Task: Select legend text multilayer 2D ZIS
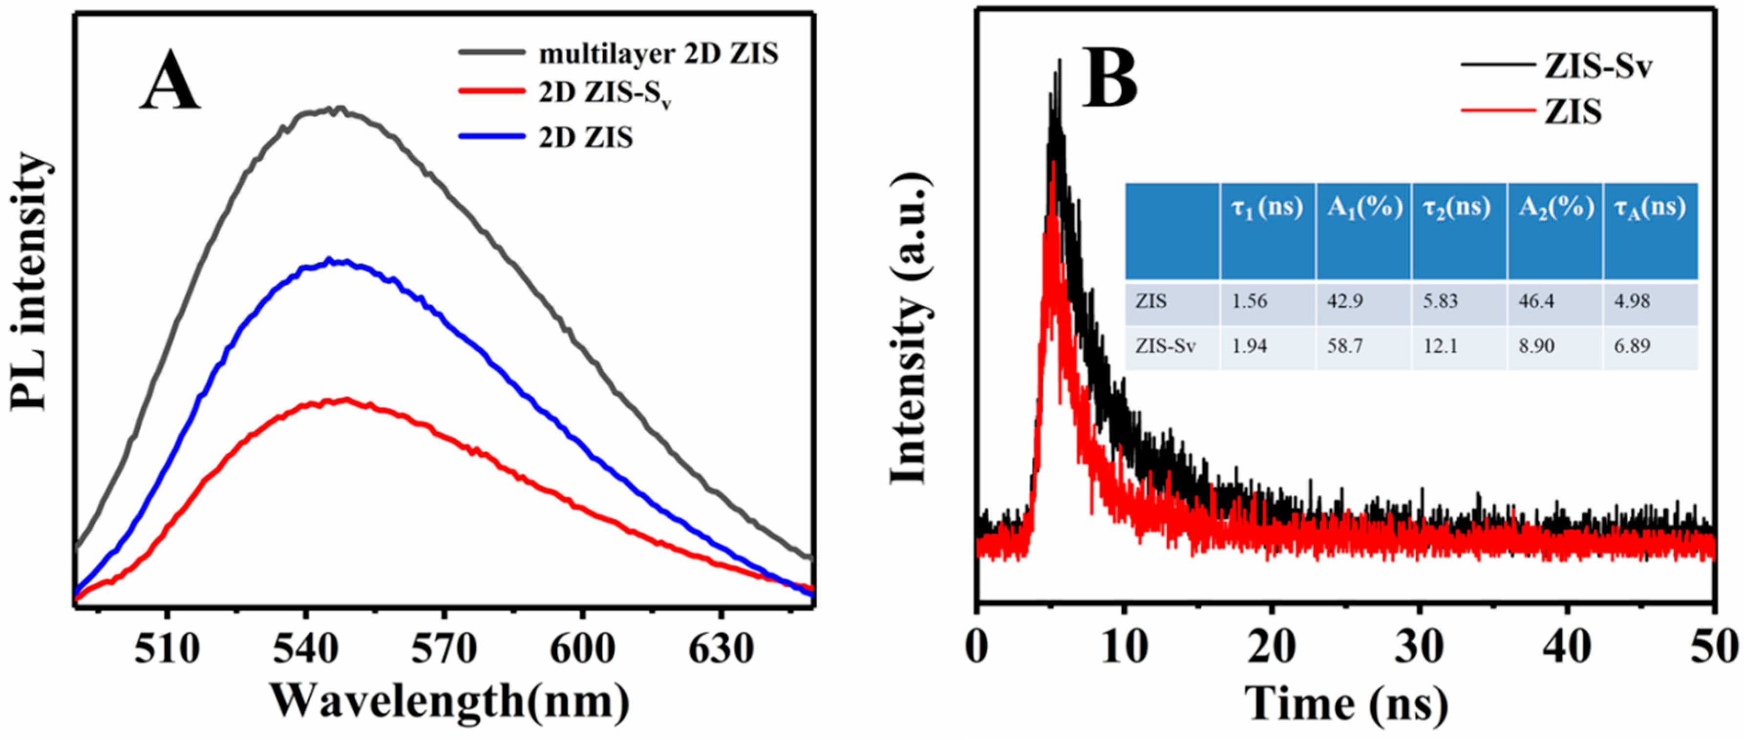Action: pos(658,54)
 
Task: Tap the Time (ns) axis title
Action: pos(1346,704)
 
